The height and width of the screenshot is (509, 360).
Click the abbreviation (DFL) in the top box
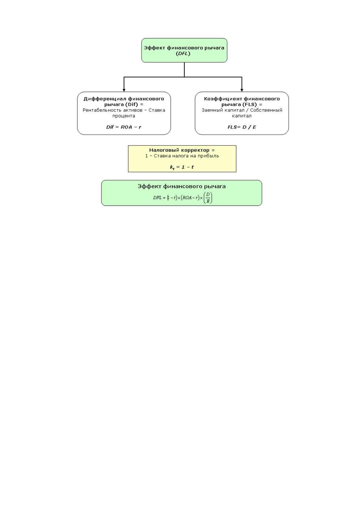pos(183,53)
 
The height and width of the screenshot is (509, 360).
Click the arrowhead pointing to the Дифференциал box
pos(124,90)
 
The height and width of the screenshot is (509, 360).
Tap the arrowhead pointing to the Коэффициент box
pos(242,90)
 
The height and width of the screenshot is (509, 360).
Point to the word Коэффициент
pos(223,99)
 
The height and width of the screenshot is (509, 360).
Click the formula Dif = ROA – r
pos(124,127)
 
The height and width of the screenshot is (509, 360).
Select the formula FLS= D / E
pos(242,127)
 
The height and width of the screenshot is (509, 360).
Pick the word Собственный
pos(266,110)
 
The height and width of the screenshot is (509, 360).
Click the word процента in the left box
pos(124,116)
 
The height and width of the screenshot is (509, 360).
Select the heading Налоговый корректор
pos(179,150)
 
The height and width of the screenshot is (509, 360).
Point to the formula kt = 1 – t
pos(182,167)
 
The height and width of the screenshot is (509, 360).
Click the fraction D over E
pos(208,198)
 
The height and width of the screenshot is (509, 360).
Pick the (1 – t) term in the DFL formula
pos(172,198)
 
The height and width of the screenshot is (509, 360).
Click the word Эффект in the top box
pos(154,48)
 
